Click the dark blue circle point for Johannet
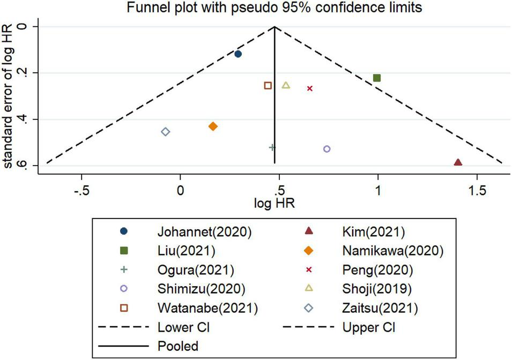point(238,54)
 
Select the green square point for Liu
point(377,78)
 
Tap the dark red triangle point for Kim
point(458,162)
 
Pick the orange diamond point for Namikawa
point(213,126)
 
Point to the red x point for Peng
point(310,88)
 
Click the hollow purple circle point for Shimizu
point(327,149)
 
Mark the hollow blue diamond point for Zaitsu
point(166,132)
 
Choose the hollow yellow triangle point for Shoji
point(286,85)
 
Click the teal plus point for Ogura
point(272,147)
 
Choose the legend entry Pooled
point(178,346)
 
